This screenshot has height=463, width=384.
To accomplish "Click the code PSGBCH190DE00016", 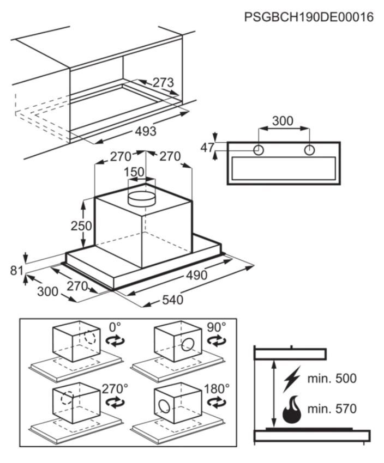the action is [309, 17].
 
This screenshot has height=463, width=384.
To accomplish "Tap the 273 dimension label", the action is [163, 83].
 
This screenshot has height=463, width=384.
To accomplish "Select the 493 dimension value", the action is [146, 131].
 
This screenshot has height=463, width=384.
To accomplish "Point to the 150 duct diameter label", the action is [134, 172].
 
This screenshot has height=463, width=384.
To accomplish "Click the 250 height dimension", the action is [81, 226].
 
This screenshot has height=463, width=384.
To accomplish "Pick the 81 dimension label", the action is [16, 270].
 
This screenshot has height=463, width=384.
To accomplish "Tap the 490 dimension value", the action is [196, 276].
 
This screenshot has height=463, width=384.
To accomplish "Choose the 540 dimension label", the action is [173, 300].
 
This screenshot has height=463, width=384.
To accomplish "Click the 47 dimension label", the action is [207, 148].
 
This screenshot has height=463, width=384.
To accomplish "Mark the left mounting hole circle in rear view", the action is [259, 150].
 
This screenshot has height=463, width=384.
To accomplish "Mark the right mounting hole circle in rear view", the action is [309, 150].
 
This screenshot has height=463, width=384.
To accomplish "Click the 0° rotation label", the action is [115, 327].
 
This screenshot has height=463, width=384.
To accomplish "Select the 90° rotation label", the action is [216, 327].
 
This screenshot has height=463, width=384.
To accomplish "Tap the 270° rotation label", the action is [115, 389].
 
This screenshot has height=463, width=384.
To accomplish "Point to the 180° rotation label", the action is [217, 389].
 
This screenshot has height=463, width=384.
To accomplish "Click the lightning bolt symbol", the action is [291, 379].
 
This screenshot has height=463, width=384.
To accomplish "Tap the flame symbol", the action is [292, 409].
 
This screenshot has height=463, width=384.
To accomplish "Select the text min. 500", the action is [332, 378].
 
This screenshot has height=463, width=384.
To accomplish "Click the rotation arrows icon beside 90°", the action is [217, 340].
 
